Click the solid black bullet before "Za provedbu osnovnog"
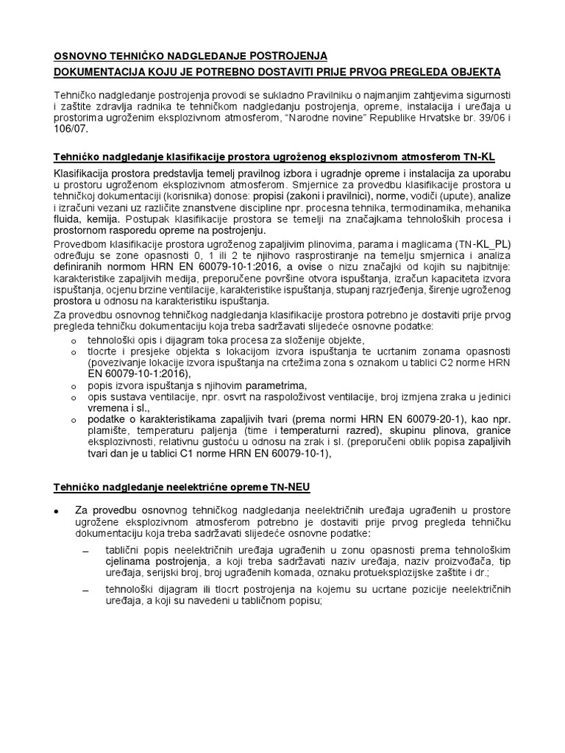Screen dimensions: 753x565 coord(57,511)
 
